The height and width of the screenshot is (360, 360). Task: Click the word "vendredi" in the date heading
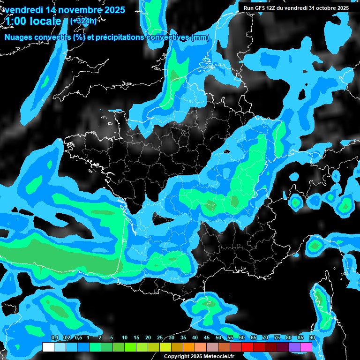[24, 10]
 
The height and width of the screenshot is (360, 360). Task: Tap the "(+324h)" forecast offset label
[83, 21]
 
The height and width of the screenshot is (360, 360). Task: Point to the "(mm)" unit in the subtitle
[200, 37]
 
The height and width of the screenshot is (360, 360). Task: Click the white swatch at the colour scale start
[48, 347]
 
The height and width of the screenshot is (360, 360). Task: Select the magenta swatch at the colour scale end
[306, 347]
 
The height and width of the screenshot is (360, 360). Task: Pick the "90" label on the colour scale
[312, 337]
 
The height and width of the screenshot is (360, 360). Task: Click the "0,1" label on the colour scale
[54, 337]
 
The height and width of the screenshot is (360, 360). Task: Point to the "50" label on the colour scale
[218, 337]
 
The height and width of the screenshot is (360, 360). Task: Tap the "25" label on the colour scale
[160, 337]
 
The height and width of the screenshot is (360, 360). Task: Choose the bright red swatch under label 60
[247, 347]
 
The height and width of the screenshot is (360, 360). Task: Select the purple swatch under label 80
[294, 347]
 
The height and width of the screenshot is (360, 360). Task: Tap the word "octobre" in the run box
[325, 8]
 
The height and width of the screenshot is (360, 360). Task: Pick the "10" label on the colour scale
[125, 337]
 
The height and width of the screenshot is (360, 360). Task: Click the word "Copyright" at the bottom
[177, 356]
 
